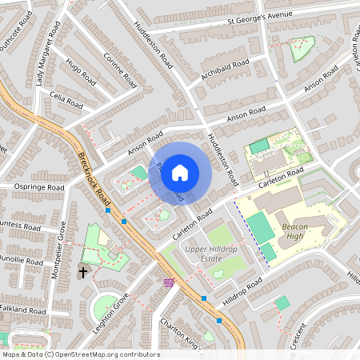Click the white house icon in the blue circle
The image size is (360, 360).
pos(180,172)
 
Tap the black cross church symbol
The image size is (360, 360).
pos(82,273)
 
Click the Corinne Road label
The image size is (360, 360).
pos(120,66)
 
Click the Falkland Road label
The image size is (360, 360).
pos(24,310)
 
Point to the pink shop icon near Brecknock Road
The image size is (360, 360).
pos(169,282)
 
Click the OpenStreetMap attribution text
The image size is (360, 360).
pos(80,354)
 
